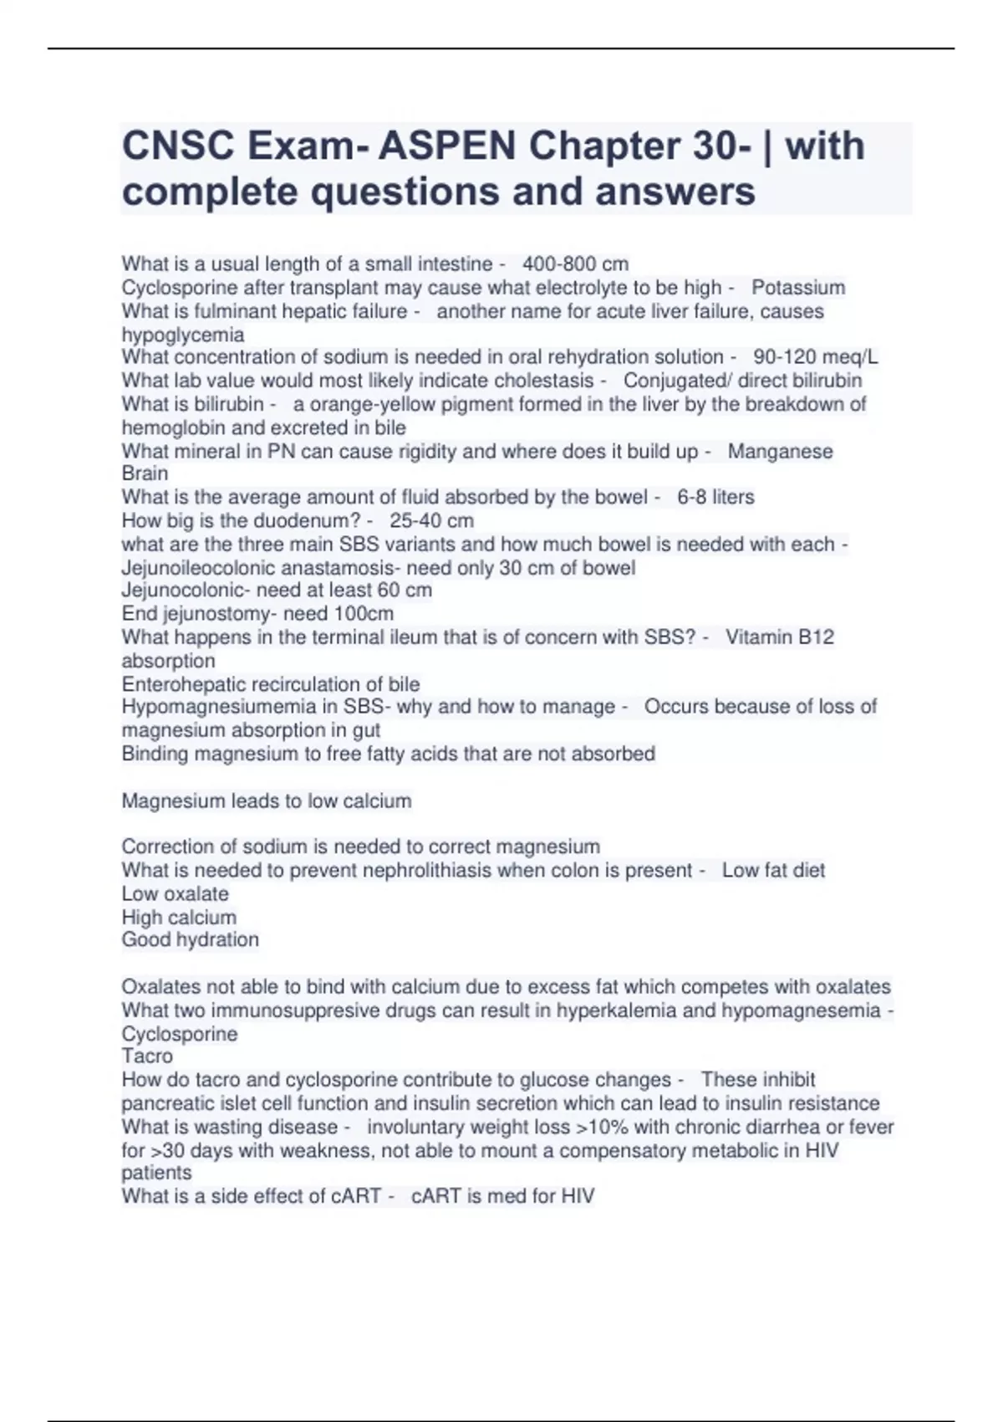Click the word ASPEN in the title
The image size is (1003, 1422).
pos(447,146)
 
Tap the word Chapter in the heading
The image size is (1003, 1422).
pos(604,146)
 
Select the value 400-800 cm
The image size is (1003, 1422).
pos(575,264)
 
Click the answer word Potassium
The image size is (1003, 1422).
pos(798,288)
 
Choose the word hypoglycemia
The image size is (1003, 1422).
pos(183,335)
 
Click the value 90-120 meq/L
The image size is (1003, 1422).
pos(815,357)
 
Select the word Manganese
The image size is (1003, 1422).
pos(780,451)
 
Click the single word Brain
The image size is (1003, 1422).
pos(145,473)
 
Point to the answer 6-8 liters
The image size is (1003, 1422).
pos(715,497)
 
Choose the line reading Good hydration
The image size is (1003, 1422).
pos(190,939)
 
